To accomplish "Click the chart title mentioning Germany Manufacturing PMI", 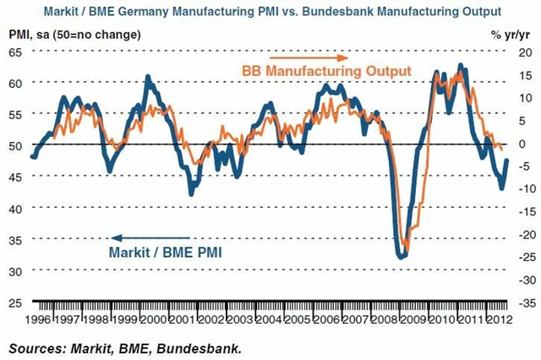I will click(270, 10).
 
